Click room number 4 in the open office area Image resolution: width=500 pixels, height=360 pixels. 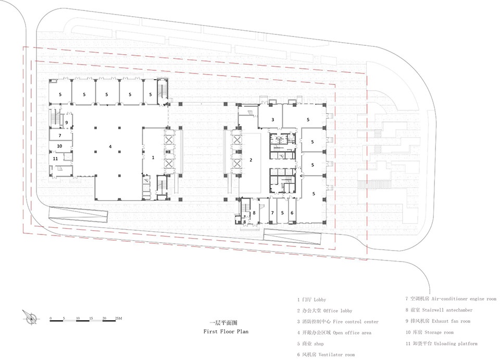[x=110, y=147]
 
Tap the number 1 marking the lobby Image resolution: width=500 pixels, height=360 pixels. [x=153, y=157]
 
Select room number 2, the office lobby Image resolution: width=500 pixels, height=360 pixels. [x=251, y=160]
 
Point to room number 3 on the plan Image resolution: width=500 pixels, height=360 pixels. [x=272, y=120]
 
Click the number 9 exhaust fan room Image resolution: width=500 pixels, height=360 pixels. [x=67, y=122]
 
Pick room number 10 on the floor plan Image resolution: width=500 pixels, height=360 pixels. [x=59, y=146]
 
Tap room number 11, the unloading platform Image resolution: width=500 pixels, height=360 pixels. [x=56, y=158]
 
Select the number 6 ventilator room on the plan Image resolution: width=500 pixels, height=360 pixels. [x=292, y=213]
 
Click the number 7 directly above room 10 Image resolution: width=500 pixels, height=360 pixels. [x=59, y=135]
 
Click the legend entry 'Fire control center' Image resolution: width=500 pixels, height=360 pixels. [x=356, y=322]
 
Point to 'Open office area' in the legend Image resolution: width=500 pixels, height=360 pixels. [x=352, y=332]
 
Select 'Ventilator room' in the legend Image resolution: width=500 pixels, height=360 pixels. [x=336, y=355]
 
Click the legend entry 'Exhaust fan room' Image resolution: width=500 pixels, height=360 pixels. [x=451, y=321]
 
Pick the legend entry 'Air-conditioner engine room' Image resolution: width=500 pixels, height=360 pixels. [x=464, y=299]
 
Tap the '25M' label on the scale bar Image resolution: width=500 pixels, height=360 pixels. [x=118, y=318]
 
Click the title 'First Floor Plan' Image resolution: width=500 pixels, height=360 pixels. [x=226, y=332]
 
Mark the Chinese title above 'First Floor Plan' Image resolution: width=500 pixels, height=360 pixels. [x=225, y=322]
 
